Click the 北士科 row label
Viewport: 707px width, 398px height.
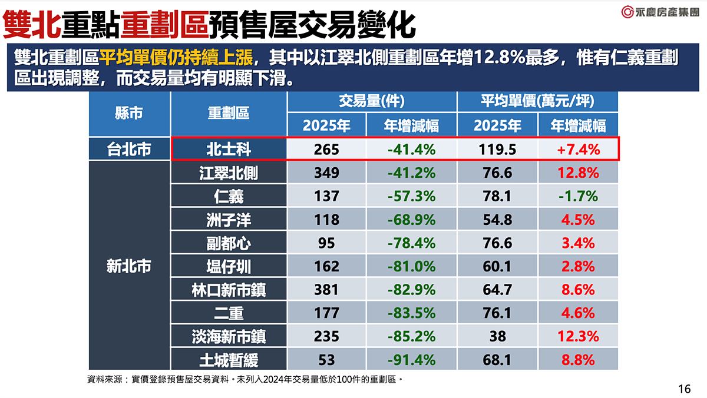[x=229, y=150]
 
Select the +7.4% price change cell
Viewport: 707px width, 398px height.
[x=578, y=150]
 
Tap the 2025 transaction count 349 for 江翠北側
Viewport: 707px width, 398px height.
[x=326, y=173]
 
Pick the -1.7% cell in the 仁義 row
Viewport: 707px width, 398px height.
[x=578, y=195]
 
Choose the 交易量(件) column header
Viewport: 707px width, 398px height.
[x=372, y=102]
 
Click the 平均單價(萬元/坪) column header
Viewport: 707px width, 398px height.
[x=537, y=102]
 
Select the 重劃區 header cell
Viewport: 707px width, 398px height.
[x=229, y=114]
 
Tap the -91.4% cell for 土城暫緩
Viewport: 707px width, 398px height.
[x=411, y=359]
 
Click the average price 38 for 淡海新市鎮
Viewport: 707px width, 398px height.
[x=497, y=336]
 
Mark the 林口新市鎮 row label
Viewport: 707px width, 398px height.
[x=229, y=289]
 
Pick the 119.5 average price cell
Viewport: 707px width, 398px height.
[x=497, y=150]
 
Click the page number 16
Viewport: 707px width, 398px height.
[x=684, y=388]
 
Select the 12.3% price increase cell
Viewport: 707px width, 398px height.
[x=578, y=336]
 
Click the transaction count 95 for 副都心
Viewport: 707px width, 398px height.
[x=326, y=243]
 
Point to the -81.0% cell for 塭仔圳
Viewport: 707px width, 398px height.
[x=411, y=266]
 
